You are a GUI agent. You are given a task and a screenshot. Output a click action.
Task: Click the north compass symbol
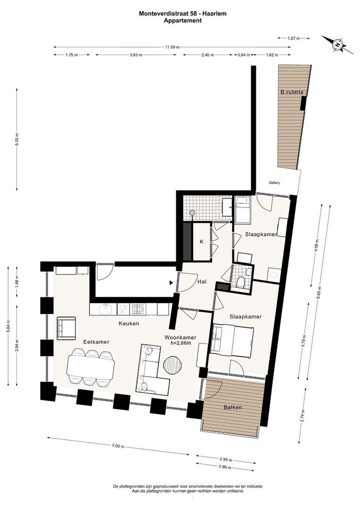pyautogui.click(x=337, y=44)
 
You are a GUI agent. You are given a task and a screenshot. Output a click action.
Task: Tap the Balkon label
pyautogui.click(x=232, y=407)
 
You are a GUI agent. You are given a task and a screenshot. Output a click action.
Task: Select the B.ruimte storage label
pyautogui.click(x=292, y=92)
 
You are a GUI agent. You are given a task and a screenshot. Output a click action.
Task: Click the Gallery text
pyautogui.click(x=274, y=183)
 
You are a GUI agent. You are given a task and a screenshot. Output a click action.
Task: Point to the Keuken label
pyautogui.click(x=129, y=323)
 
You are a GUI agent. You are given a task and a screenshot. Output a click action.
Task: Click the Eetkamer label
pyautogui.click(x=96, y=342)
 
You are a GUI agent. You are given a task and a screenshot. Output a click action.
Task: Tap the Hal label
pyautogui.click(x=202, y=282)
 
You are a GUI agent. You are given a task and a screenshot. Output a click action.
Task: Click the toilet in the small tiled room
pyautogui.click(x=241, y=282)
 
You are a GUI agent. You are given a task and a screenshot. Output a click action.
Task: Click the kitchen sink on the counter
pyautogui.click(x=105, y=309)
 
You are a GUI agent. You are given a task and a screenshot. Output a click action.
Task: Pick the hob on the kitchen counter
pyautogui.click(x=137, y=309)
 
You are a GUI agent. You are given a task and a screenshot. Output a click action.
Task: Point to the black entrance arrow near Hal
pyautogui.click(x=171, y=283)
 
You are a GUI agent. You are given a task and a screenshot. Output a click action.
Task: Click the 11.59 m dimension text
pyautogui.click(x=172, y=47)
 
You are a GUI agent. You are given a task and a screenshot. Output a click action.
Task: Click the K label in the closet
pyautogui.click(x=202, y=242)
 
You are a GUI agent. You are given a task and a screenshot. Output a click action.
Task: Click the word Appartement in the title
pyautogui.click(x=183, y=20)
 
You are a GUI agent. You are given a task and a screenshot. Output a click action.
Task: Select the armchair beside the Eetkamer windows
pyautogui.click(x=66, y=328)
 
